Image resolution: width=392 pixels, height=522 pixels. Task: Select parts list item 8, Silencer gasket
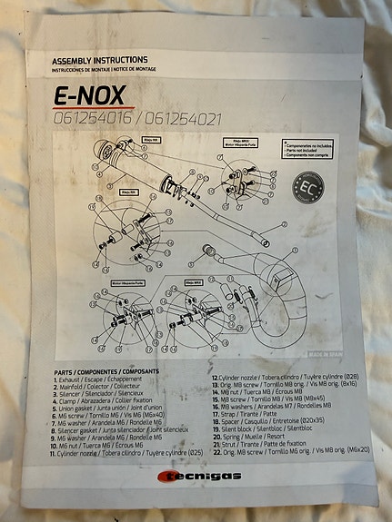(119, 428)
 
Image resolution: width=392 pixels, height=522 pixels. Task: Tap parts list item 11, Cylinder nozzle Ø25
(126, 451)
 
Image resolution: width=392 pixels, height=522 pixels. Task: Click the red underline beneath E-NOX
(81, 108)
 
